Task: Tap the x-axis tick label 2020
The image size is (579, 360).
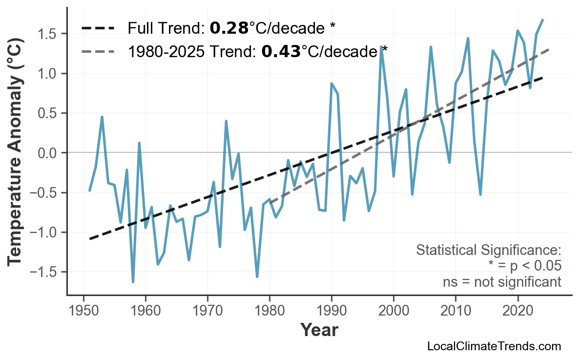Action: coord(517,311)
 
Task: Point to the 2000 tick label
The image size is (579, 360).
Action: coord(393,311)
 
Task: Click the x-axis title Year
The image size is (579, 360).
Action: coord(319,331)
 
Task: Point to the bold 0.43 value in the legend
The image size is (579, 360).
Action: coord(281,51)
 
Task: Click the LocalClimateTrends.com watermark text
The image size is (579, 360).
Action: coord(494,346)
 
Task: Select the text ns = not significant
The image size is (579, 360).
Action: coord(502,282)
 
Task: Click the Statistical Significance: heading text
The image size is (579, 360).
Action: coord(488,251)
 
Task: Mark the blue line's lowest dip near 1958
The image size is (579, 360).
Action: coord(133,282)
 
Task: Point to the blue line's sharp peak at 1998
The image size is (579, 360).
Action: coord(381,46)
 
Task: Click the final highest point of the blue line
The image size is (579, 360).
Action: coord(543,20)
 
